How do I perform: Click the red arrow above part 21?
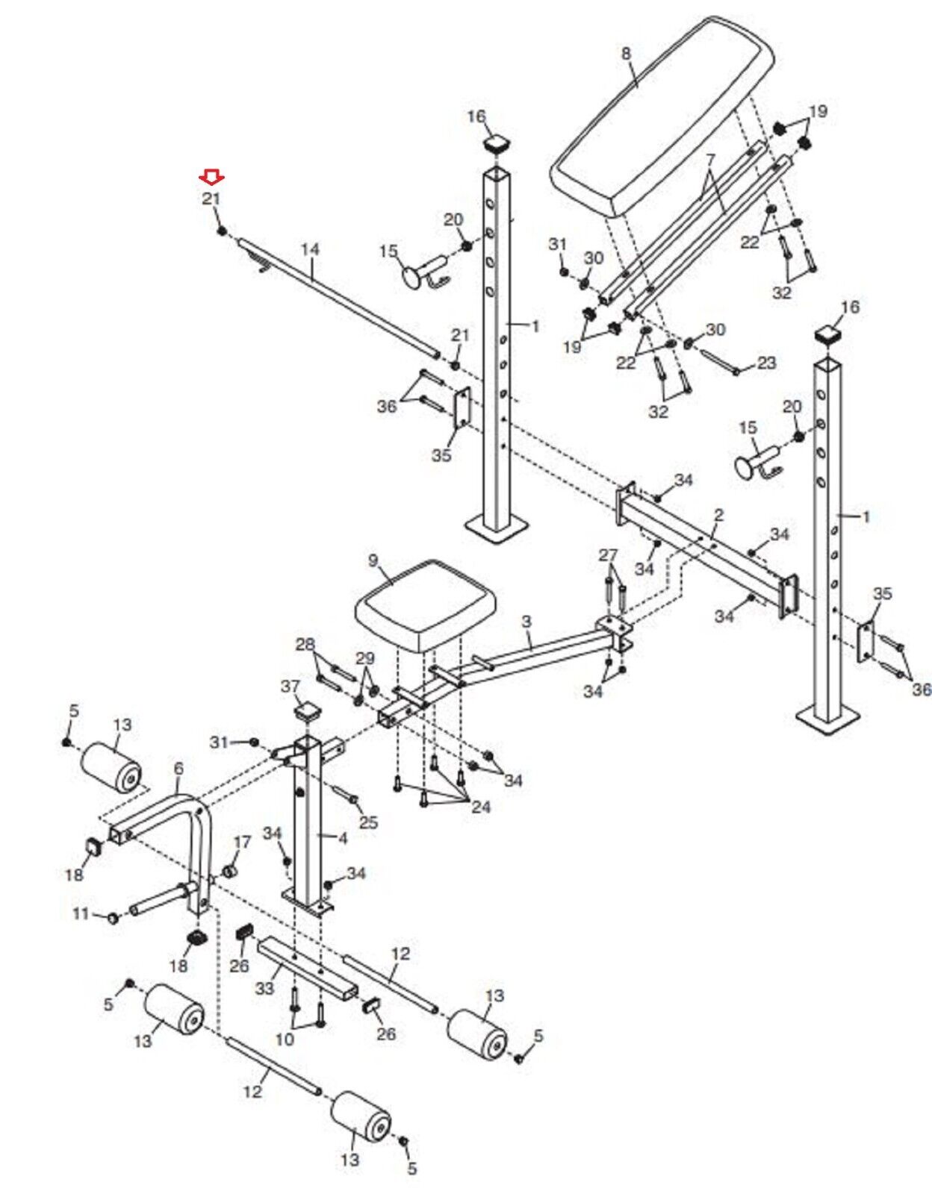tap(211, 176)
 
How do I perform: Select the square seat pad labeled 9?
tap(426, 605)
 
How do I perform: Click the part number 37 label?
tap(305, 687)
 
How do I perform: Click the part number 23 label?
tap(766, 363)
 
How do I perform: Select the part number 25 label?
tap(368, 822)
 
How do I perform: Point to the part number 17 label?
tap(242, 843)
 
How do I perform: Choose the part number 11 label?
tap(81, 913)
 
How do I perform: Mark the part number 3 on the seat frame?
tap(526, 622)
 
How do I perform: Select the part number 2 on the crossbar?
tap(718, 515)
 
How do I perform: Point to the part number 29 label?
tap(364, 657)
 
